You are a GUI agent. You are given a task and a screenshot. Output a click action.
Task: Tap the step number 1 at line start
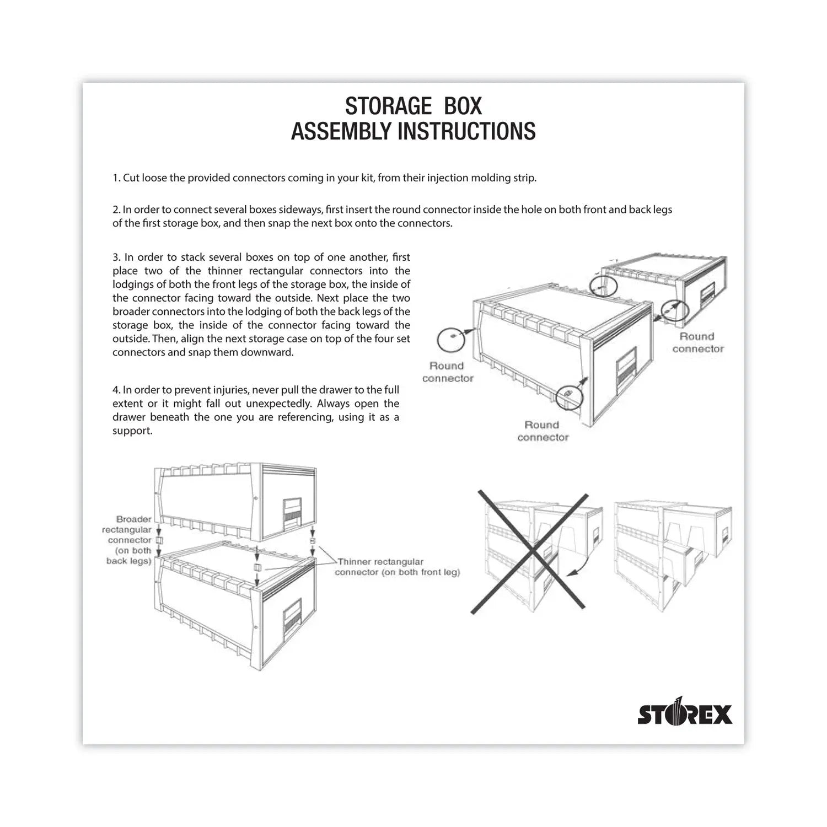(116, 178)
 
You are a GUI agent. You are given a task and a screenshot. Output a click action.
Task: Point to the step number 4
(116, 390)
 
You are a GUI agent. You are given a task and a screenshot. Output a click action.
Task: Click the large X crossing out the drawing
(528, 552)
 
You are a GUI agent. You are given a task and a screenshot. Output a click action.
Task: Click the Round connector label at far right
(697, 342)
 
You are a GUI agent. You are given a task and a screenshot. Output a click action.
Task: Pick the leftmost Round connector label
(447, 372)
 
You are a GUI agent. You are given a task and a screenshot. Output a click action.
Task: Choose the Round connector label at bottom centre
(543, 431)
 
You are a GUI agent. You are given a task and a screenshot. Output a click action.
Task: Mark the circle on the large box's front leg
(568, 395)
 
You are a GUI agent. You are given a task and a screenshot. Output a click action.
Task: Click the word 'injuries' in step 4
(230, 390)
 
